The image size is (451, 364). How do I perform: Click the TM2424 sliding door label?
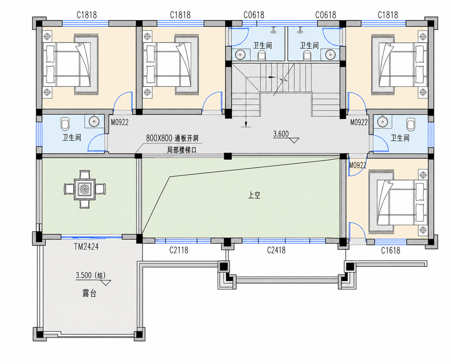tap(86, 246)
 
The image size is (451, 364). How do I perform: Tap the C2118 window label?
tap(179, 250)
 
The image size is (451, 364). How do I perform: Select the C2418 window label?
tap(276, 250)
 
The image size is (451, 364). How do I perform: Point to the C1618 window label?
tap(391, 251)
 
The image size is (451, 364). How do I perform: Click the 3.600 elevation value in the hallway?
tap(281, 134)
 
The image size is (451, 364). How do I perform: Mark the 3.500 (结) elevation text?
tap(91, 275)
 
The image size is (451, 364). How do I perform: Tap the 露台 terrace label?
tap(89, 294)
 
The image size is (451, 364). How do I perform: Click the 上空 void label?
tap(254, 195)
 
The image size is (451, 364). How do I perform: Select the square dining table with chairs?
tap(85, 189)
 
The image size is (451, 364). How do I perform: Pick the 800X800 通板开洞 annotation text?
tap(172, 138)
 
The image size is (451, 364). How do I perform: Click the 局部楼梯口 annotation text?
tap(182, 150)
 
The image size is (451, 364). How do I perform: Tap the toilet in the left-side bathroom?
tap(65, 124)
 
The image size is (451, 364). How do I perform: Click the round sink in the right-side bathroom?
tap(383, 122)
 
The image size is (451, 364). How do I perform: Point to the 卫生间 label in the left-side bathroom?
tap(72, 138)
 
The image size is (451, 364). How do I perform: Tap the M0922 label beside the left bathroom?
tap(120, 122)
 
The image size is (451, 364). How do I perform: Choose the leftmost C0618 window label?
tap(254, 15)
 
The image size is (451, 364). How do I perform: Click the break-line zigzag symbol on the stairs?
tap(283, 80)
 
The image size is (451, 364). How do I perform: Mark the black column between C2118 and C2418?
tap(227, 242)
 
